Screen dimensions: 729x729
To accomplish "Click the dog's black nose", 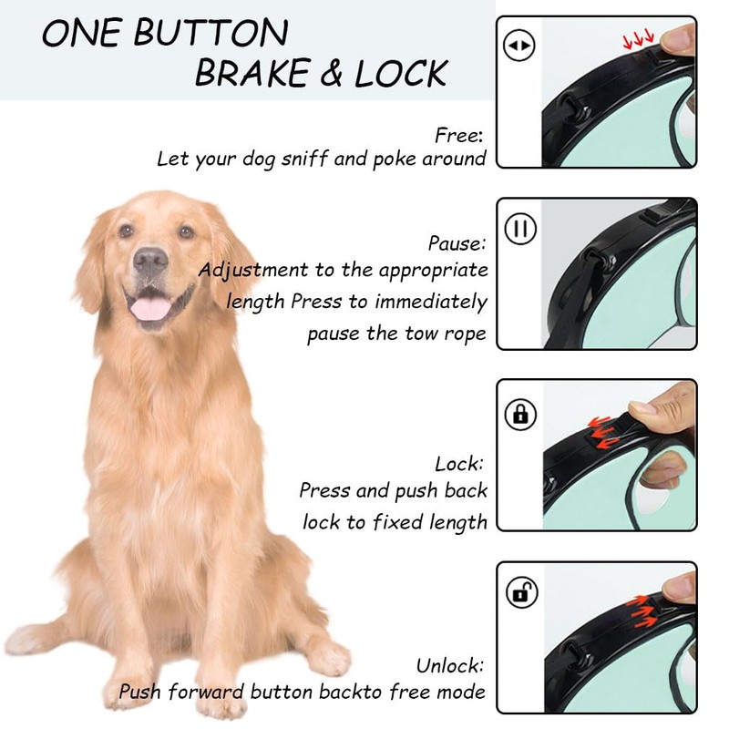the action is click(150, 260).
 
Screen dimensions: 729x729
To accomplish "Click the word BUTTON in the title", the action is click(210, 33).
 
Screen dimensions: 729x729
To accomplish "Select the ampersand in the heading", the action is click(331, 73).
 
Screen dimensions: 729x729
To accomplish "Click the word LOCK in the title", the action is click(401, 73).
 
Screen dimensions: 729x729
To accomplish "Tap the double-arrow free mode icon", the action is click(519, 45).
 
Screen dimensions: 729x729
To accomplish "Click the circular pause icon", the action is click(520, 229).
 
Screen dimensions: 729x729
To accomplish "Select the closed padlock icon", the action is click(520, 414).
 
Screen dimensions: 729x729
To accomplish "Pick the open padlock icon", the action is click(521, 592).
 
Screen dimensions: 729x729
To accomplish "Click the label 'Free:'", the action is click(459, 136).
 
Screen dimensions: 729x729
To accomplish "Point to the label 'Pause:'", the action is click(457, 243).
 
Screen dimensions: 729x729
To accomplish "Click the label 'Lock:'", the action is click(459, 464).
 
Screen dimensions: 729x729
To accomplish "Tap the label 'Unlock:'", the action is click(450, 665).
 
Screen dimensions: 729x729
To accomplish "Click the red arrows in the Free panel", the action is click(639, 40).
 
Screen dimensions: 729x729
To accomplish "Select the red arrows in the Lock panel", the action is click(603, 432).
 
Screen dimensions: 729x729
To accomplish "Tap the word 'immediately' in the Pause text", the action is click(431, 302).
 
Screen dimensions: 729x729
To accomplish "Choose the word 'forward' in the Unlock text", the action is click(206, 692).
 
